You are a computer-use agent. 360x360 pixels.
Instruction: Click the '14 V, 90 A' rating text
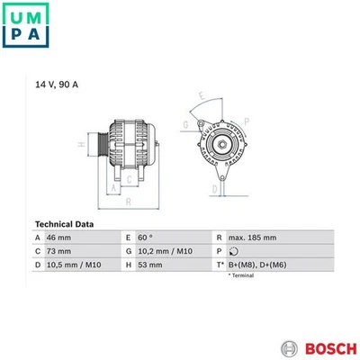point(56,84)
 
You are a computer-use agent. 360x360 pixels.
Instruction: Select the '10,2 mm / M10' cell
point(165,252)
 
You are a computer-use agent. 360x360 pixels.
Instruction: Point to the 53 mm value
point(152,266)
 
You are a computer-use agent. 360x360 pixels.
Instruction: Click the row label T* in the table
point(220,266)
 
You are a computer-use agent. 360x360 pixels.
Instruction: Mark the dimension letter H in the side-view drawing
point(82,144)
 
